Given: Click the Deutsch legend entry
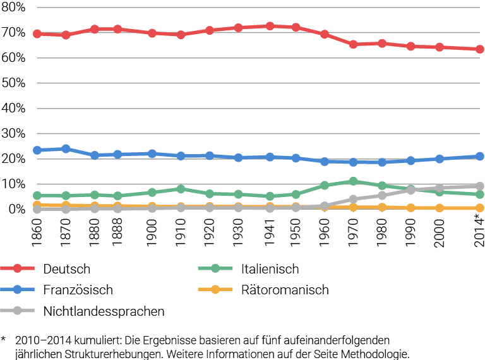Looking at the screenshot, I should point(67,269).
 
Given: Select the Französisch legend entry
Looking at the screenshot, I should point(78,290).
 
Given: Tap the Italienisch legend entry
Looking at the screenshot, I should point(269,269).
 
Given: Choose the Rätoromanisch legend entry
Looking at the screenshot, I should point(284,290).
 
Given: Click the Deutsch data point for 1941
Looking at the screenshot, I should point(270,26).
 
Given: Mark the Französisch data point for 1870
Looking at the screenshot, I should point(66,148).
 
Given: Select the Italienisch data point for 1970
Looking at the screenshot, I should point(353,181).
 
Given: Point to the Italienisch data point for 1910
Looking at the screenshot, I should point(181,189).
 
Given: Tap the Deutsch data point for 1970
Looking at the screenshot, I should point(353,44).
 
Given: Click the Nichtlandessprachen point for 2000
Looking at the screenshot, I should point(439,188).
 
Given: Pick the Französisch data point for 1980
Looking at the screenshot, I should point(381,162).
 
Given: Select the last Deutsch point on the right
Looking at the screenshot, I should point(479,49).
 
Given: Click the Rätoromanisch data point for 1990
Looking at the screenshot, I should point(410,208).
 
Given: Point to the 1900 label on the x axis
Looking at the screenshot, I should point(152,227).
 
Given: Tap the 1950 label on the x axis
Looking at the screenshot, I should point(296,227).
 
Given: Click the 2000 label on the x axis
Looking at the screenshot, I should point(439,227).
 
